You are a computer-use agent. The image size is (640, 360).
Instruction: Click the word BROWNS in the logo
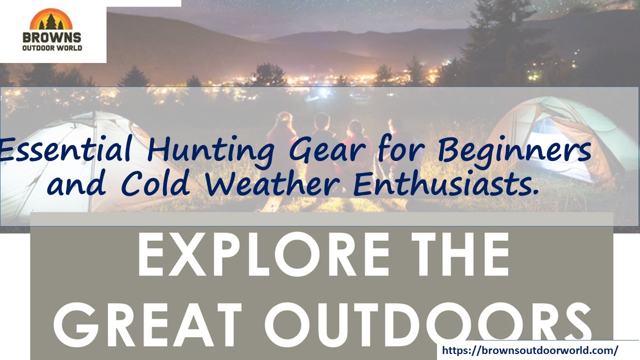[x=51, y=37]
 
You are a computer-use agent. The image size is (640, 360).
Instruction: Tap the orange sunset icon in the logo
[x=51, y=20]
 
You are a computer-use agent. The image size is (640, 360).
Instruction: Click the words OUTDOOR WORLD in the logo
[x=51, y=48]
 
